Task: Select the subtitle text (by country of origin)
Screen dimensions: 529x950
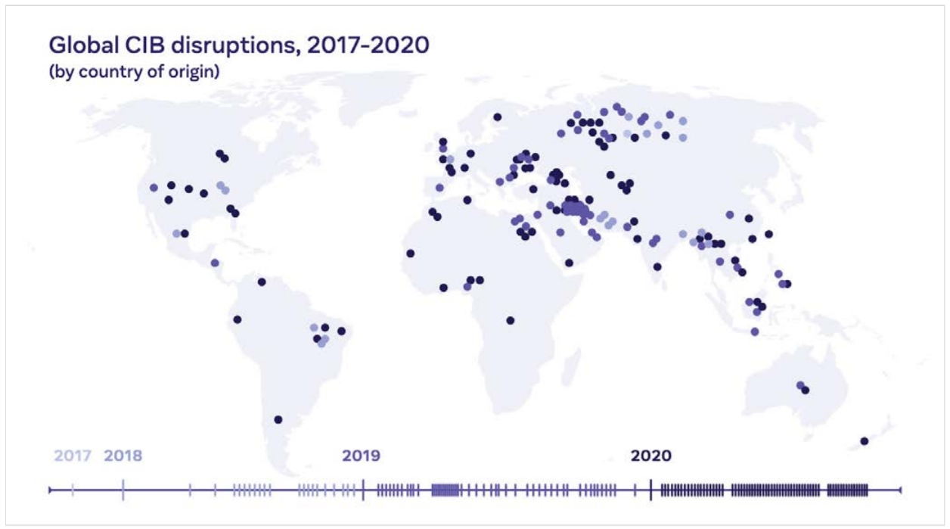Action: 133,73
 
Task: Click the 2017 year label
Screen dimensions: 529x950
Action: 73,456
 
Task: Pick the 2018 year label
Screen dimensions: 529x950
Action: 123,456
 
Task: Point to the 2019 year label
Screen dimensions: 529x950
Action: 362,456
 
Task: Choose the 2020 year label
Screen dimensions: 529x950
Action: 650,456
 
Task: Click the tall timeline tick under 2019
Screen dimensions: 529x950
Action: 363,490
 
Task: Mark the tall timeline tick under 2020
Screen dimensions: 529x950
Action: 651,490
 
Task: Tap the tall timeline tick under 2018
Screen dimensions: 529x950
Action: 123,490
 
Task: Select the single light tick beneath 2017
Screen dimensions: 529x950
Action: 73,490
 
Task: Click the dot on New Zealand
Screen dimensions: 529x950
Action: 864,441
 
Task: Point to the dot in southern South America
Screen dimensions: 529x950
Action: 278,419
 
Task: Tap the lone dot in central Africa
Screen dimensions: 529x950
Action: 510,320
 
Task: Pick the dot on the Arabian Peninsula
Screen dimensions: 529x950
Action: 569,263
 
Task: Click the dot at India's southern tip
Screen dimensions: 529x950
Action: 657,266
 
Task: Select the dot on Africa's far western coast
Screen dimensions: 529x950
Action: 410,254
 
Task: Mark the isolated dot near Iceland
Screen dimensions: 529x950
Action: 497,117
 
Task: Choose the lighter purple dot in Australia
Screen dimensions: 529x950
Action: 800,385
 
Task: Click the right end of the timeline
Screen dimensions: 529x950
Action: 900,490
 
